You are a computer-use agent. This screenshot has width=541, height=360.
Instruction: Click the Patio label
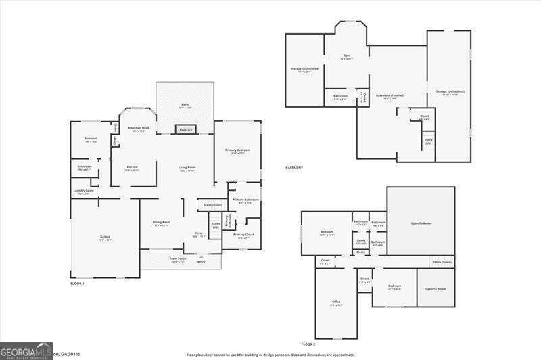pos(185,106)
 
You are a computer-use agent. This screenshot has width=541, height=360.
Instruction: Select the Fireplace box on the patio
pos(185,129)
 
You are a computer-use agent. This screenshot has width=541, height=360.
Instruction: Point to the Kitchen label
pos(132,168)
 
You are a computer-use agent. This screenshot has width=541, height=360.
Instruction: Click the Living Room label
pos(187,168)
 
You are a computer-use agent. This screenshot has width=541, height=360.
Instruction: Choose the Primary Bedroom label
pos(237,151)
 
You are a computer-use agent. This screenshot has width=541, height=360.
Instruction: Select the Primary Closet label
pos(244,235)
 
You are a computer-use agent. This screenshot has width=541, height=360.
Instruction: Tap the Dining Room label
pos(162,223)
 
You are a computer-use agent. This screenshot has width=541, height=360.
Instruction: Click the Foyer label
pos(199,234)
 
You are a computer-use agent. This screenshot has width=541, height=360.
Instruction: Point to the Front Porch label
pos(178,260)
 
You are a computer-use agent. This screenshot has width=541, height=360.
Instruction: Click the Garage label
pos(105,238)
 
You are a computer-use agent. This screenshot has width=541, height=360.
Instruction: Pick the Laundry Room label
pos(84,192)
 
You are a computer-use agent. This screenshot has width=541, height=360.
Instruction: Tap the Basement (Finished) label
pos(386,97)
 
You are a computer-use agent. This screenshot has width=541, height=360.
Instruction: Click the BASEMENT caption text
pos(294,168)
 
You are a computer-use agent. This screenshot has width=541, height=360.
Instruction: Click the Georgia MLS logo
pos(26,351)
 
